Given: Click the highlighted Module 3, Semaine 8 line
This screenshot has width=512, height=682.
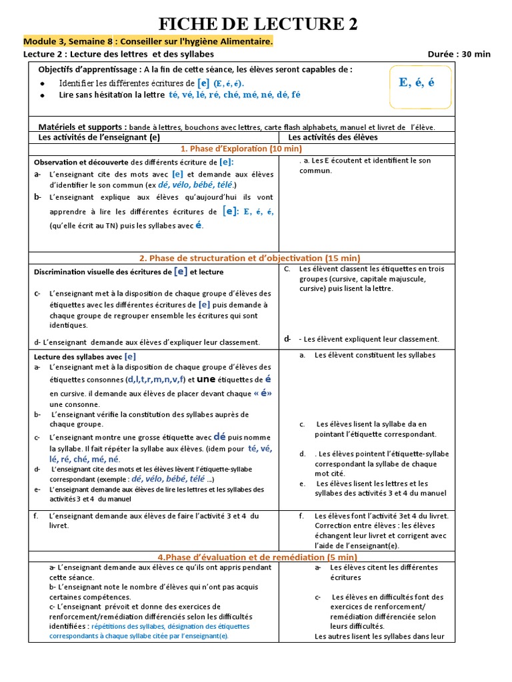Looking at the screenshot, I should pos(148,42).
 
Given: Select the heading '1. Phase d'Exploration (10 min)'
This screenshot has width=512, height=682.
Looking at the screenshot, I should pos(241,149).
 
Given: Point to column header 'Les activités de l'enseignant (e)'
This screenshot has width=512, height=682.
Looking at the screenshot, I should pos(99,137).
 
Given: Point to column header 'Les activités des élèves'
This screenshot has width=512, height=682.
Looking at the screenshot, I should pos(333,137).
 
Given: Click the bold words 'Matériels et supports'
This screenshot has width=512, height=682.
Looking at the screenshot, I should pos(82,127).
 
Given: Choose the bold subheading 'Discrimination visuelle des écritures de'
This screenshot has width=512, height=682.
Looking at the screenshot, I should pos(103,272).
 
